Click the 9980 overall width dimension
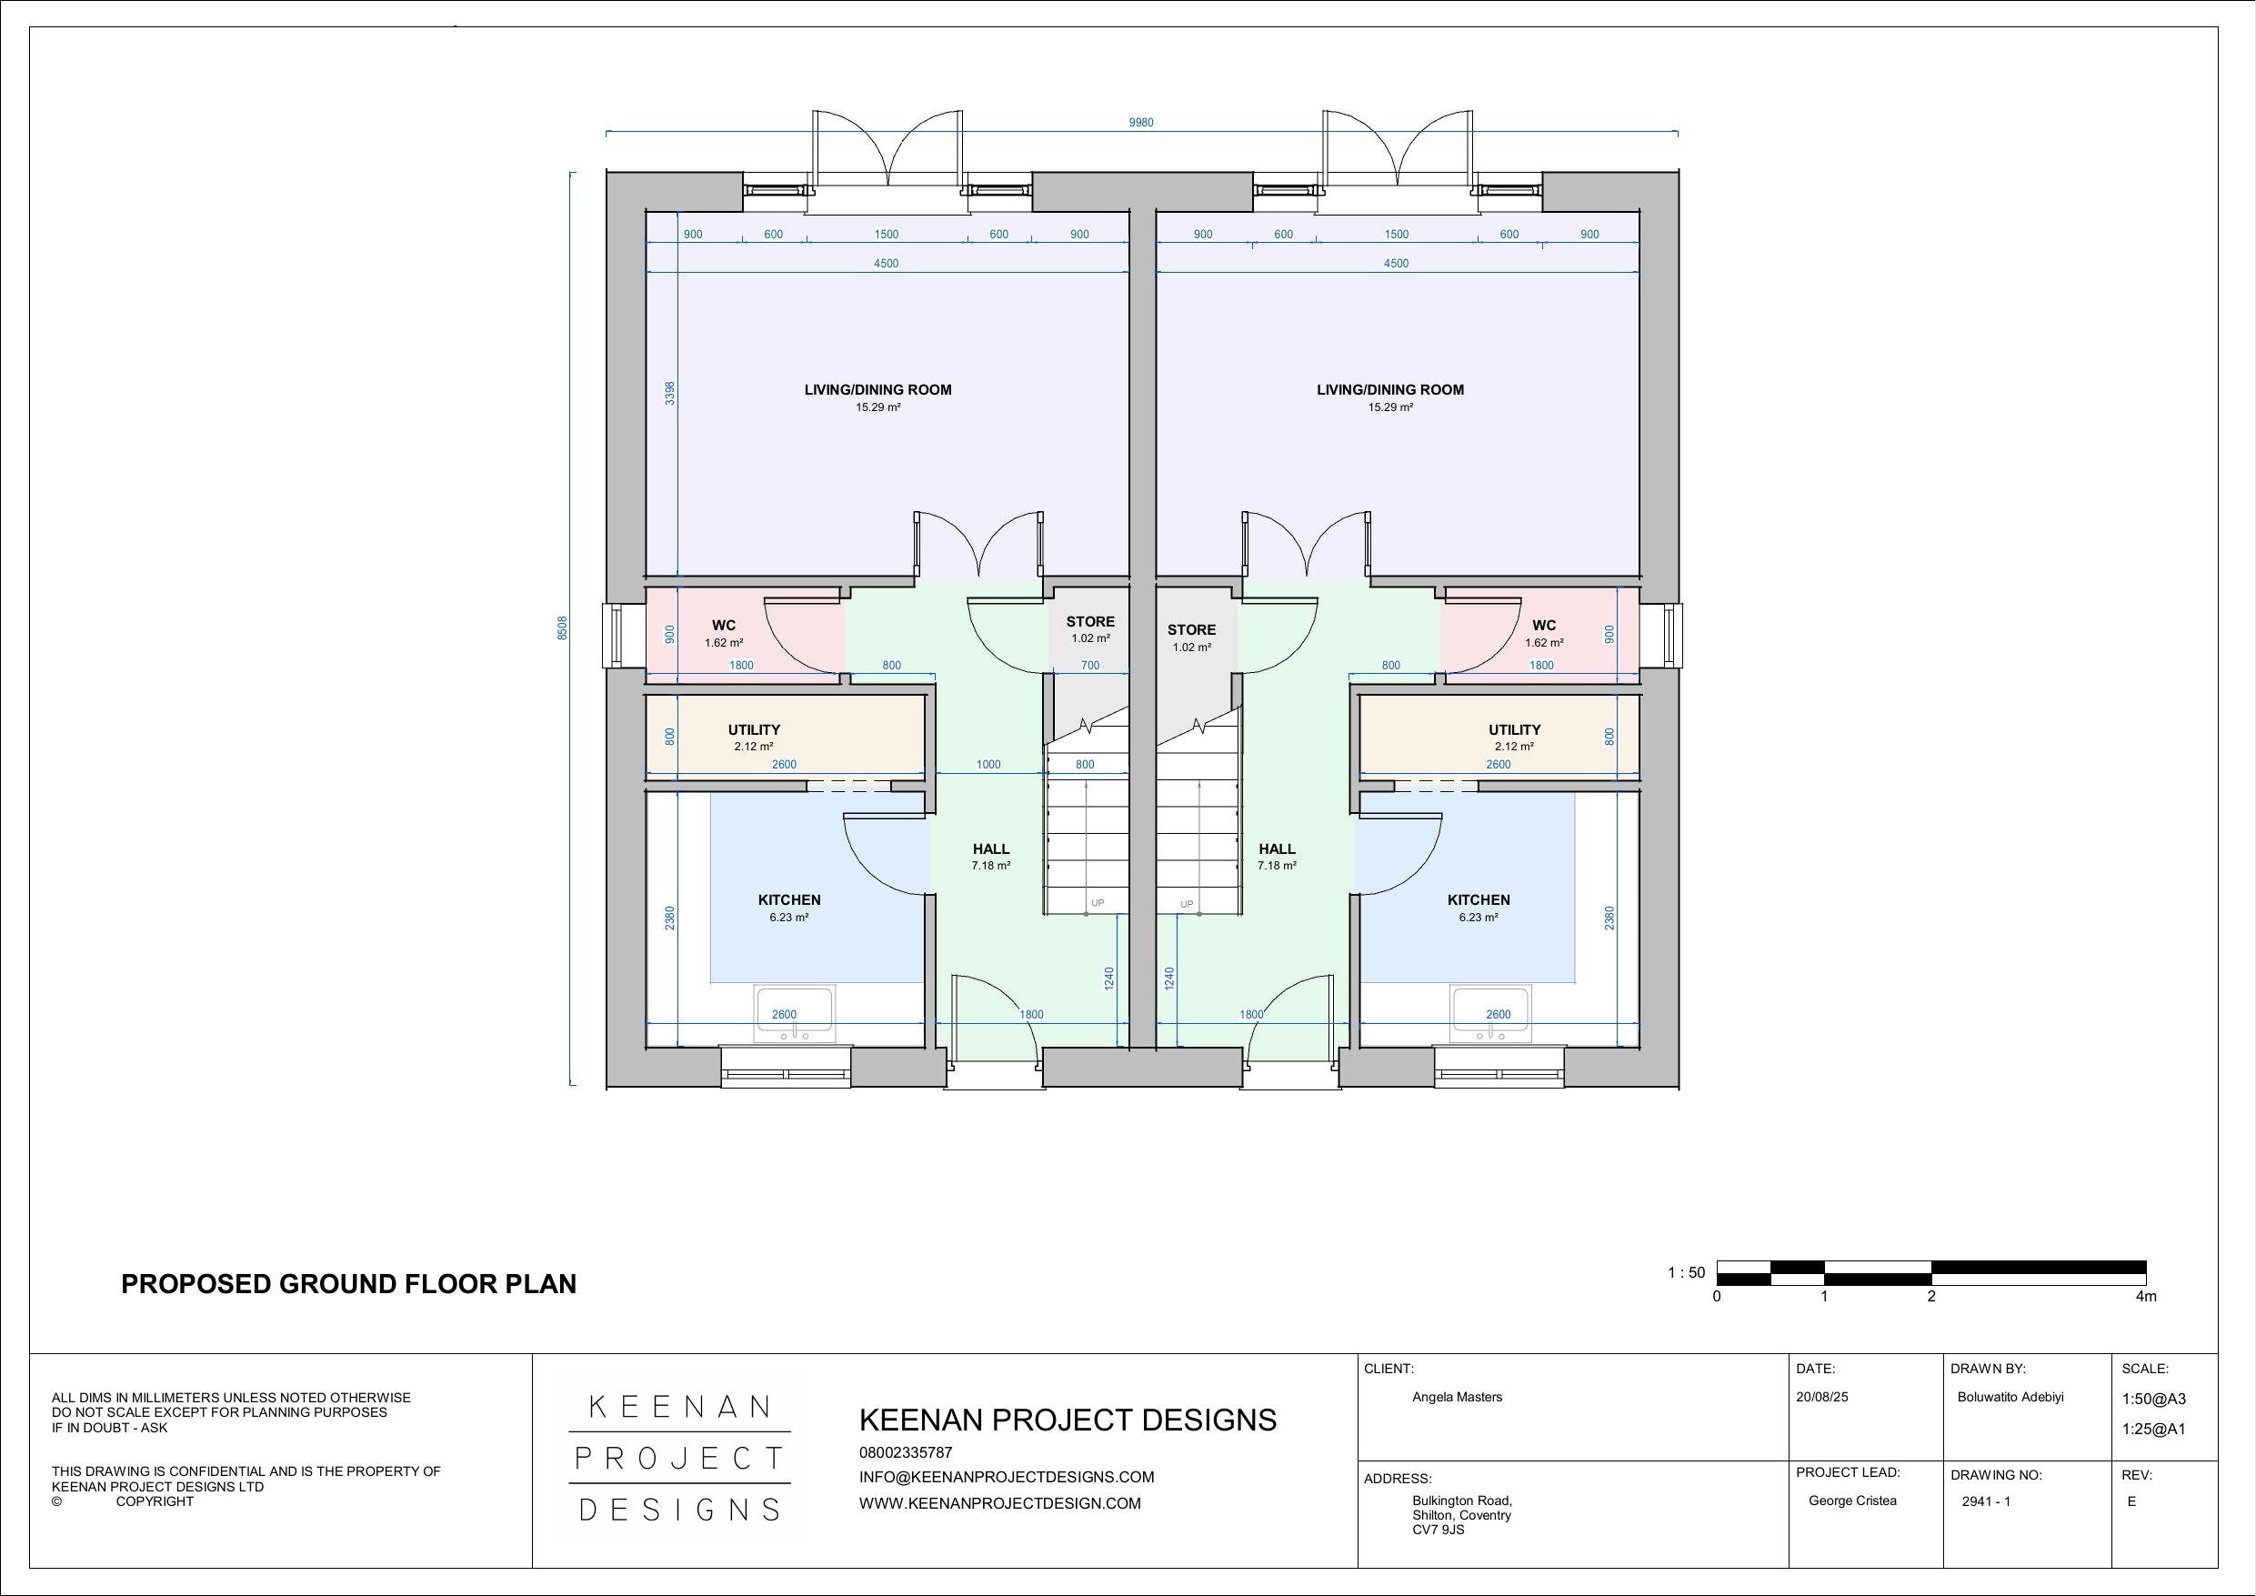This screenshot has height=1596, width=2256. [1141, 123]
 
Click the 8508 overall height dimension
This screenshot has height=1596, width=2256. [563, 628]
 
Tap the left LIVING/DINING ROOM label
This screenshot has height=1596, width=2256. [877, 389]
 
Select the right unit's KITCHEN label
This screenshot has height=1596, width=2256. [1478, 899]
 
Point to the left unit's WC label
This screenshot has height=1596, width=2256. [723, 625]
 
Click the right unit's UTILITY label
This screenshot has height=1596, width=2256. [1514, 729]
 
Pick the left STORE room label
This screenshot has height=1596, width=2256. [1089, 621]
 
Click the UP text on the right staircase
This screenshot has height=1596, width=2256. [1187, 904]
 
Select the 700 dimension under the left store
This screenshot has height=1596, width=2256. [1089, 666]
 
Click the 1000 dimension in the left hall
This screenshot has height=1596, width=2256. [988, 765]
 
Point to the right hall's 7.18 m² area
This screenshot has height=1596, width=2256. [1277, 866]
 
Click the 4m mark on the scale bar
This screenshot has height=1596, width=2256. [2146, 1296]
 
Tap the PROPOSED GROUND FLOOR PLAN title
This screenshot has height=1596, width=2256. [349, 1284]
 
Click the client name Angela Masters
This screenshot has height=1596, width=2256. [1456, 1397]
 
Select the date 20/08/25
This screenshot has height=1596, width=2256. [1821, 1397]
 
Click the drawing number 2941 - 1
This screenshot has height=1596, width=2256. [1986, 1501]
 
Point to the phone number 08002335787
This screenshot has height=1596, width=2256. [905, 1451]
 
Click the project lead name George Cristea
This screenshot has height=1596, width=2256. [1852, 1501]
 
